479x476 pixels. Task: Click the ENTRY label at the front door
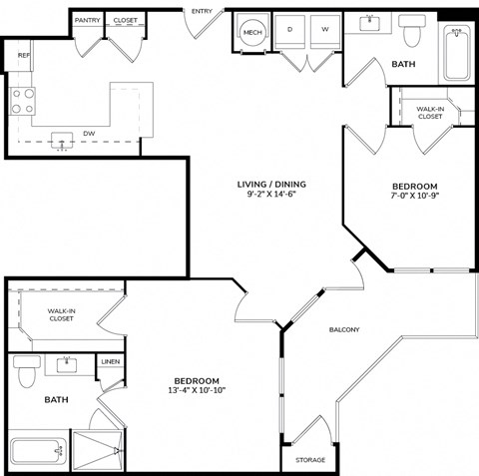pyautogui.click(x=202, y=11)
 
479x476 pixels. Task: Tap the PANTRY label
pyautogui.click(x=87, y=20)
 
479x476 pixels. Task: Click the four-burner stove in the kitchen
pyautogui.click(x=22, y=101)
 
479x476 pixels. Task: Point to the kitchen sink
pyautogui.click(x=62, y=141)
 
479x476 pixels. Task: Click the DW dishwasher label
pyautogui.click(x=89, y=134)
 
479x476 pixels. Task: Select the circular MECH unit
pyautogui.click(x=252, y=32)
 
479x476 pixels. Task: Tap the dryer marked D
pyautogui.click(x=289, y=32)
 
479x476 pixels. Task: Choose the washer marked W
pyautogui.click(x=325, y=32)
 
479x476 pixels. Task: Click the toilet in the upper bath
pyautogui.click(x=412, y=30)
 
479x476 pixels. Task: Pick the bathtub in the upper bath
pyautogui.click(x=457, y=54)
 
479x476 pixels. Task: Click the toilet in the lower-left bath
pyautogui.click(x=27, y=371)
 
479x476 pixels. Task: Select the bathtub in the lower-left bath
pyautogui.click(x=38, y=452)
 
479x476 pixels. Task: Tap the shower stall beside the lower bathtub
pyautogui.click(x=98, y=451)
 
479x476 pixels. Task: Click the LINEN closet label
pyautogui.click(x=111, y=361)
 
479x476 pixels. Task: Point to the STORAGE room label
pyautogui.click(x=310, y=460)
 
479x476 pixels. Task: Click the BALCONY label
pyautogui.click(x=344, y=329)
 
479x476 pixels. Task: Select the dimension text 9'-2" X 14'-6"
pyautogui.click(x=271, y=194)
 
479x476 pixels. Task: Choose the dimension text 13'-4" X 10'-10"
pyautogui.click(x=197, y=390)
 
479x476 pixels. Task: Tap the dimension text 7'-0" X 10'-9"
pyautogui.click(x=415, y=196)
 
